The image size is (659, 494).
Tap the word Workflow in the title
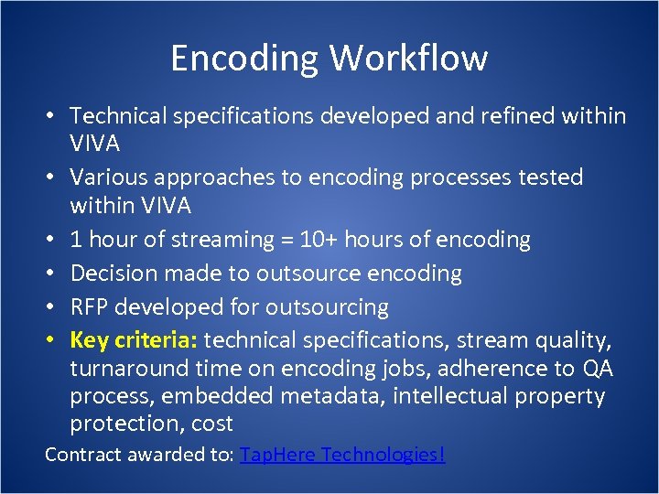(x=408, y=58)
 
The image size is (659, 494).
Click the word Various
(x=107, y=177)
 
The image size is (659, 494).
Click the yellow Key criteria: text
(x=134, y=340)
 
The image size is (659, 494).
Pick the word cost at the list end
(x=211, y=424)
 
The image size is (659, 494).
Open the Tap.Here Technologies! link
(x=342, y=454)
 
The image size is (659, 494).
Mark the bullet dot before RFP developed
(x=56, y=307)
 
